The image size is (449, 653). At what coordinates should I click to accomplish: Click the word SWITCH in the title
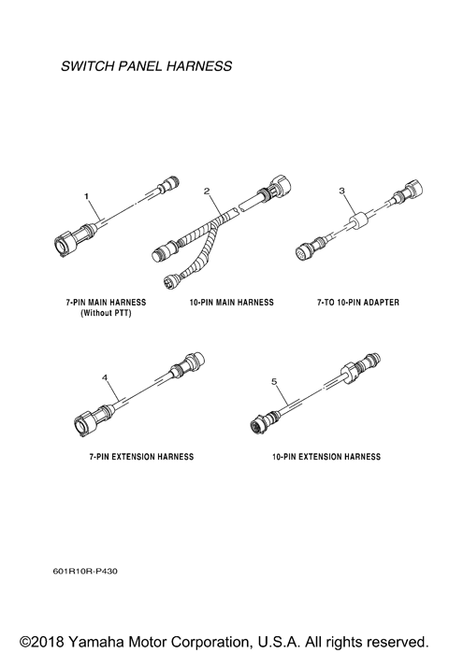[x=84, y=67]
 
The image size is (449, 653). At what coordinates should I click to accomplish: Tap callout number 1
[x=87, y=197]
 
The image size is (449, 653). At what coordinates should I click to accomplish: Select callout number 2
[x=208, y=191]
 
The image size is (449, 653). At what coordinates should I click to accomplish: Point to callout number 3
[x=342, y=191]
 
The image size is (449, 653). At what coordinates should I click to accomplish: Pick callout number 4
[x=105, y=377]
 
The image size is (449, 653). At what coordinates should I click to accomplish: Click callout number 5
[x=274, y=381]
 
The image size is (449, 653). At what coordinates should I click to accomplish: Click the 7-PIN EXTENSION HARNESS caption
[x=137, y=457]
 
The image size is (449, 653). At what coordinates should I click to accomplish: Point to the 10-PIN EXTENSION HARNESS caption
[x=326, y=457]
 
